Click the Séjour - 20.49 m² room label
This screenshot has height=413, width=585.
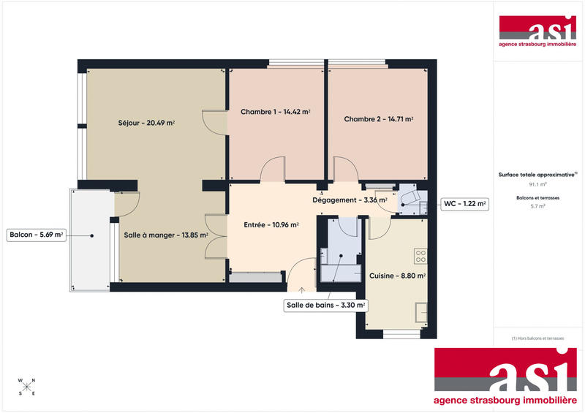coord(146,123)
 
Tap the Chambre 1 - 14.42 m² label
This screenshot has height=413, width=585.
coord(276,112)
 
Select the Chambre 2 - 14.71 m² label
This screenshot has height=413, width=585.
coord(379,118)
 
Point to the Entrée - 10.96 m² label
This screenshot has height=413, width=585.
coord(271,224)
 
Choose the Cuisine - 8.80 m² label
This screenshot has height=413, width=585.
coord(397,276)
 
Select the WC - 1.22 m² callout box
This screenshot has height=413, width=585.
coord(464,204)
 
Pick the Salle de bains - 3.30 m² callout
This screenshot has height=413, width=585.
coord(325,306)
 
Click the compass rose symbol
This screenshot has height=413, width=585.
coord(26,385)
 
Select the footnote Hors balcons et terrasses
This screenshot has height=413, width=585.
coord(538,338)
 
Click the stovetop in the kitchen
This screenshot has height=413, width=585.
coord(420,256)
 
